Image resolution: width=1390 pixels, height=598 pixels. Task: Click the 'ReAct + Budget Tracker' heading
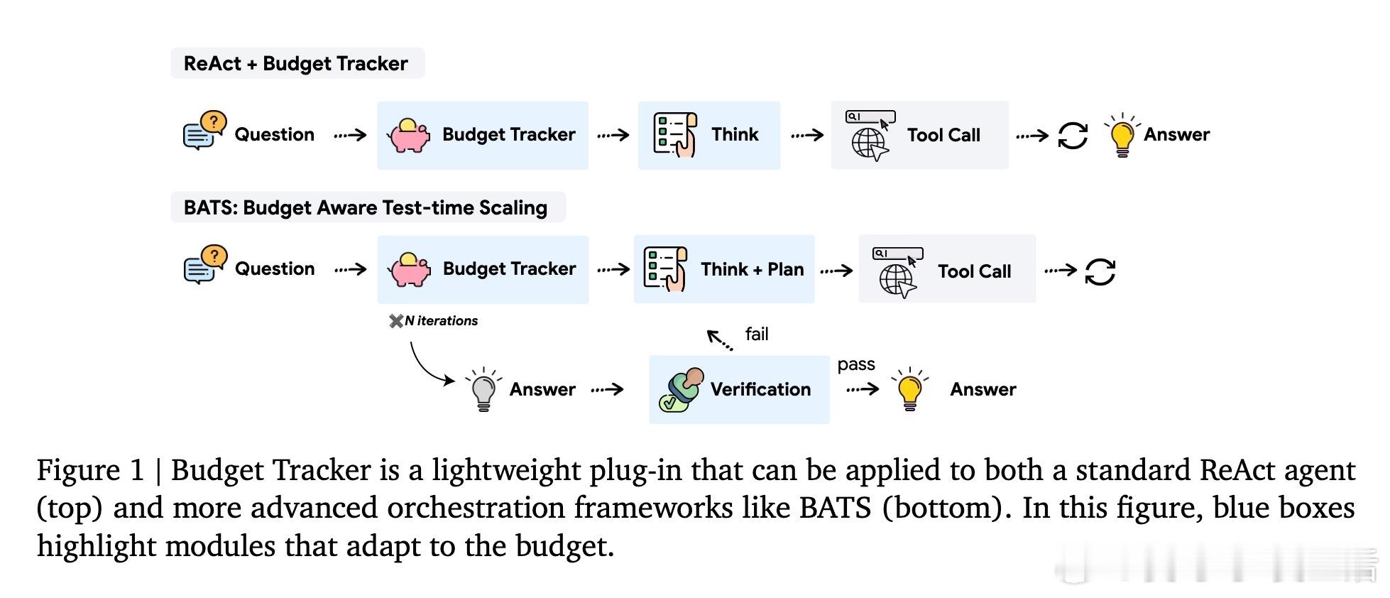(x=295, y=64)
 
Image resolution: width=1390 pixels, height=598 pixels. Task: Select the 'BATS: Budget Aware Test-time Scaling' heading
(x=365, y=208)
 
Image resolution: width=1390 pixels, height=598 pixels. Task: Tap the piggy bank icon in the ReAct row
(x=409, y=135)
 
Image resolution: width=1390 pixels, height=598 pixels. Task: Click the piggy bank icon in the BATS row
(x=409, y=269)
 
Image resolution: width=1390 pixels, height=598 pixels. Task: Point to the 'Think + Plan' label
(x=752, y=270)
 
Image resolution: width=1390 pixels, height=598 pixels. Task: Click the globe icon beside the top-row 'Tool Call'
(x=870, y=143)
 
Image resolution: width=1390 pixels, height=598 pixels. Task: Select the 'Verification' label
(x=760, y=389)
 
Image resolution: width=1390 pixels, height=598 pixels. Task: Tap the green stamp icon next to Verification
(x=681, y=390)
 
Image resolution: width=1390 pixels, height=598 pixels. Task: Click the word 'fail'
(x=757, y=334)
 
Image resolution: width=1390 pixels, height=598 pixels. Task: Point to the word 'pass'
(x=856, y=364)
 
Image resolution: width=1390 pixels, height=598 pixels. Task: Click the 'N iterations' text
(x=440, y=321)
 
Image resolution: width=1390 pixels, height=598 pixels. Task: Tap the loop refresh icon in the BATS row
(x=1100, y=271)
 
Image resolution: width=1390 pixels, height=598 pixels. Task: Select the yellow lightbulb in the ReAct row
(x=1122, y=135)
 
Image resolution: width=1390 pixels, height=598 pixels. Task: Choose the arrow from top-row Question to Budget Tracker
(x=350, y=135)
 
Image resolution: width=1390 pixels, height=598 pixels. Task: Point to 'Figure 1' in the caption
(x=89, y=470)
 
